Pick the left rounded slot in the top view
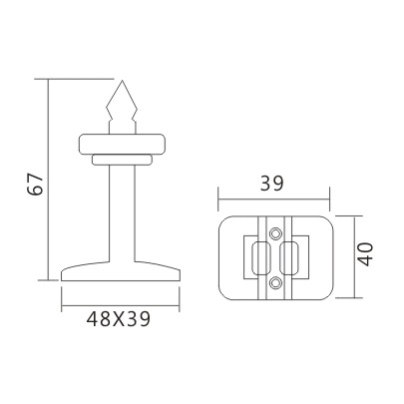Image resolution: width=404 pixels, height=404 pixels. [256, 256]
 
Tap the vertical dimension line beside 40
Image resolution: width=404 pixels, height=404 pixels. [345, 253]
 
